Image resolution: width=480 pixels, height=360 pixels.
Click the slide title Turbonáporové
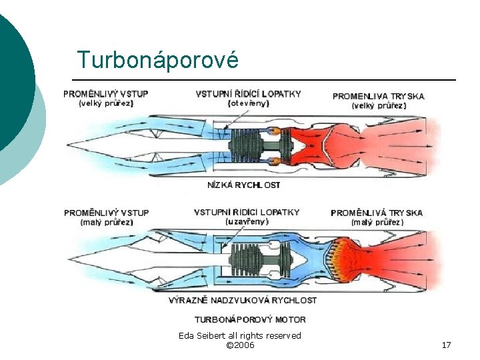[x=157, y=60]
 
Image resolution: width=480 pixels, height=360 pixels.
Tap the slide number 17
[x=446, y=345]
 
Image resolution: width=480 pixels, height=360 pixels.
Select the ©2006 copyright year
[x=240, y=345]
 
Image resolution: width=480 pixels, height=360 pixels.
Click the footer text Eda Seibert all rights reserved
[x=240, y=335]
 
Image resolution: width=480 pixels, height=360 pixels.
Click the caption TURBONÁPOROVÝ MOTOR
[x=250, y=319]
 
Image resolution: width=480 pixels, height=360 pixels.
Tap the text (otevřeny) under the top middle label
[x=248, y=103]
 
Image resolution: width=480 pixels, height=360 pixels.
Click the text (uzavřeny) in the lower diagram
[x=247, y=221]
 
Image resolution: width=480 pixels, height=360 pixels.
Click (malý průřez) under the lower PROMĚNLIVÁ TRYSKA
[x=377, y=222]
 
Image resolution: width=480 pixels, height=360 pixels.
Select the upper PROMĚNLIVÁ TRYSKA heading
[x=378, y=96]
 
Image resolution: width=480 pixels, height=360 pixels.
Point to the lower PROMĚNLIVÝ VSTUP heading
[x=106, y=213]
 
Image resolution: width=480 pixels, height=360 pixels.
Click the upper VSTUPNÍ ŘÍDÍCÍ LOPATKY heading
[x=248, y=94]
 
